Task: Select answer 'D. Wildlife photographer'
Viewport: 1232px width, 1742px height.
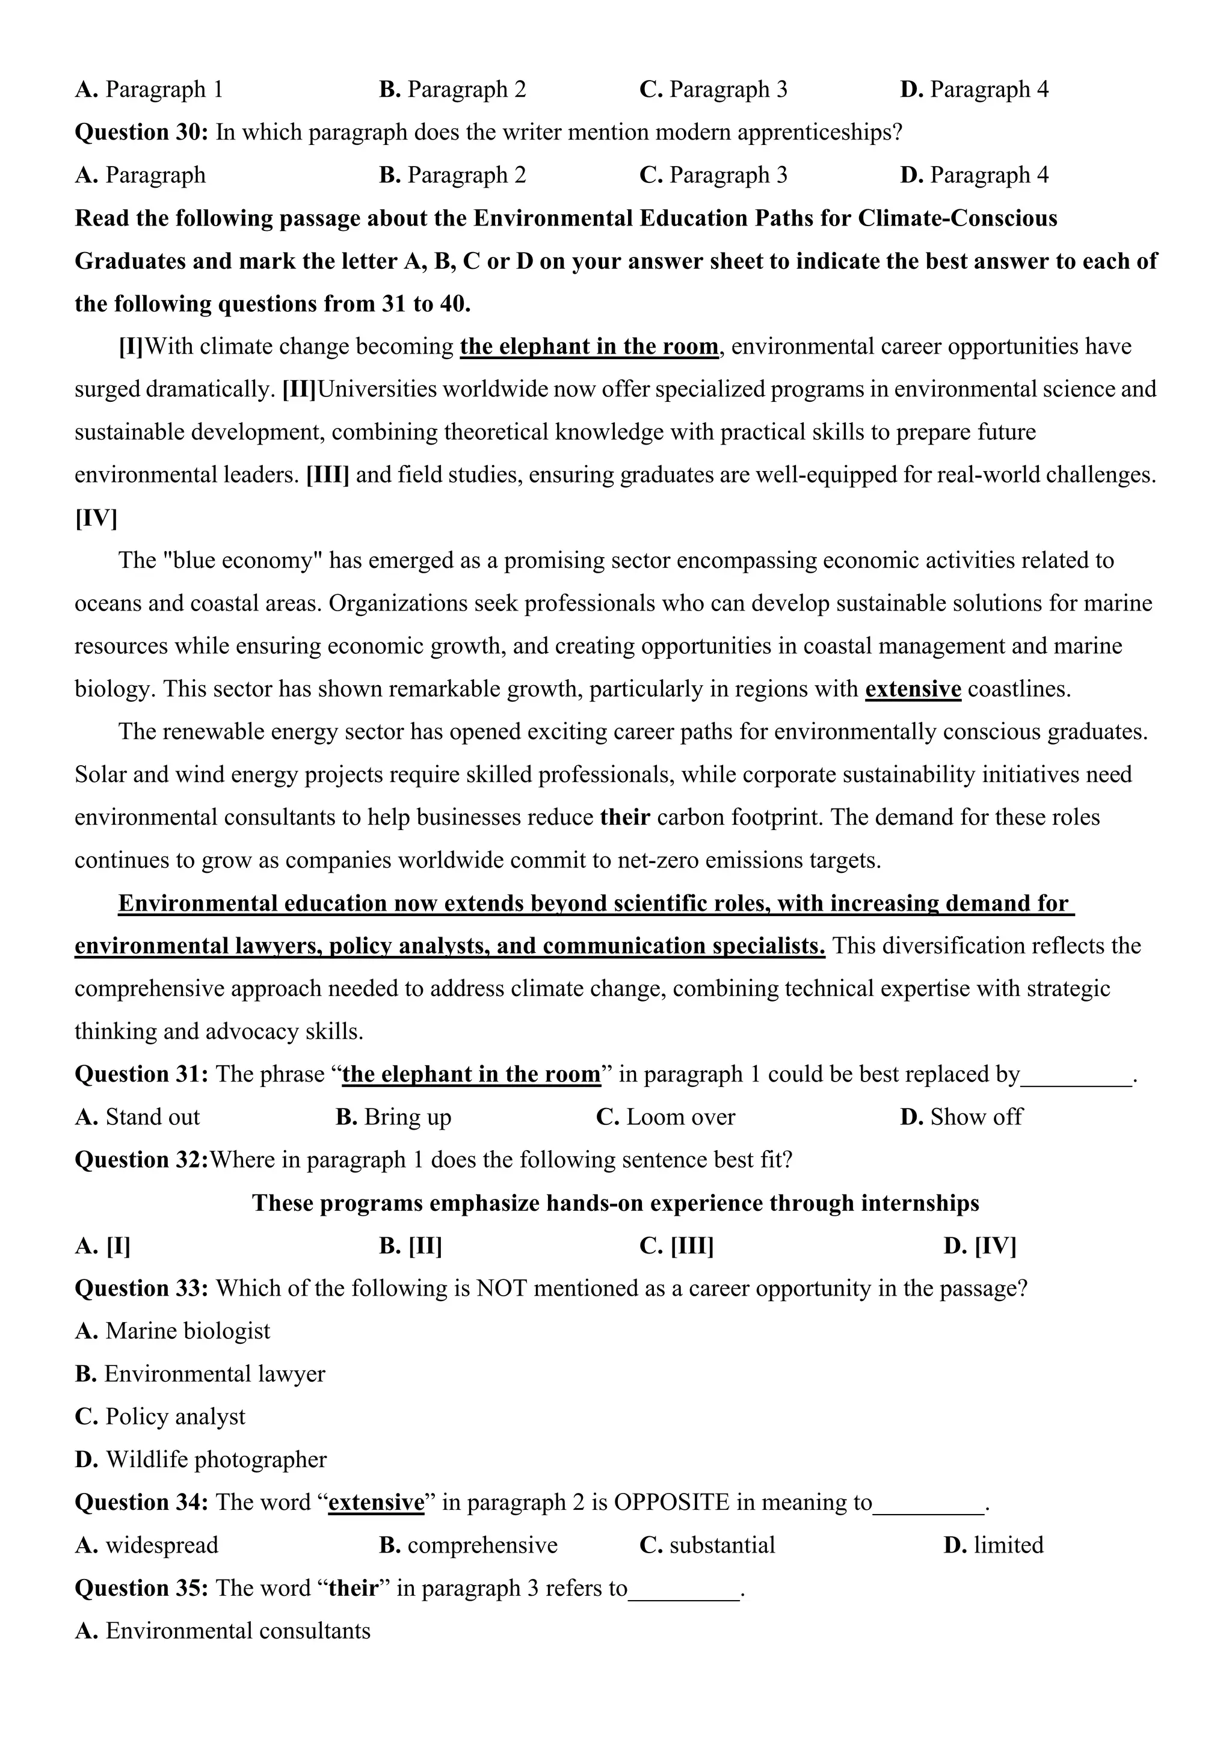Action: [x=200, y=1459]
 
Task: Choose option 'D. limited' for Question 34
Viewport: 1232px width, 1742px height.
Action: [x=993, y=1545]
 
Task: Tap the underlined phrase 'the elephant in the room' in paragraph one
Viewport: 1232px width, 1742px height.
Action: [x=589, y=346]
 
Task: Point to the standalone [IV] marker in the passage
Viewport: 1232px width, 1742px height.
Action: [x=96, y=518]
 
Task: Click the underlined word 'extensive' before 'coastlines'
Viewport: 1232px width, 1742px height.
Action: [x=913, y=689]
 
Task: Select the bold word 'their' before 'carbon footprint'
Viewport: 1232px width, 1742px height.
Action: [x=624, y=817]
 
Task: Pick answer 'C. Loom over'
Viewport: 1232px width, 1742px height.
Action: [x=665, y=1117]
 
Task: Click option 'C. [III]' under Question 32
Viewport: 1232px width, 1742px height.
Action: [x=676, y=1246]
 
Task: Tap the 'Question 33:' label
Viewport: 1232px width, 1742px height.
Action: [x=141, y=1288]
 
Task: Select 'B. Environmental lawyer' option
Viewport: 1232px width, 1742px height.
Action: [x=200, y=1374]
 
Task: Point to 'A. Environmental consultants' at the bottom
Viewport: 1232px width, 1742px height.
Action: [x=222, y=1631]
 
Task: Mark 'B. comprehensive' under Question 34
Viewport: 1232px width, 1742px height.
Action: [x=468, y=1545]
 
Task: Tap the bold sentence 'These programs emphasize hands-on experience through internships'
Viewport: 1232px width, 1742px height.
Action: [x=615, y=1203]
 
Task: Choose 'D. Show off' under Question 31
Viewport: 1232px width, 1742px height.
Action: [x=961, y=1117]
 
